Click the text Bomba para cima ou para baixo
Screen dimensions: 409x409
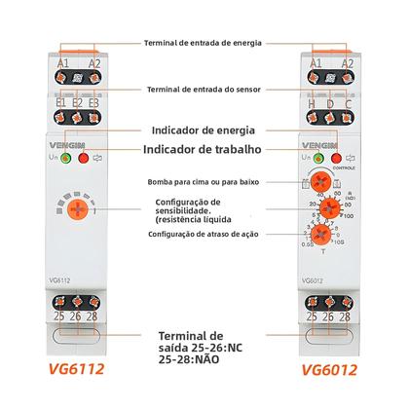click(202, 181)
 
